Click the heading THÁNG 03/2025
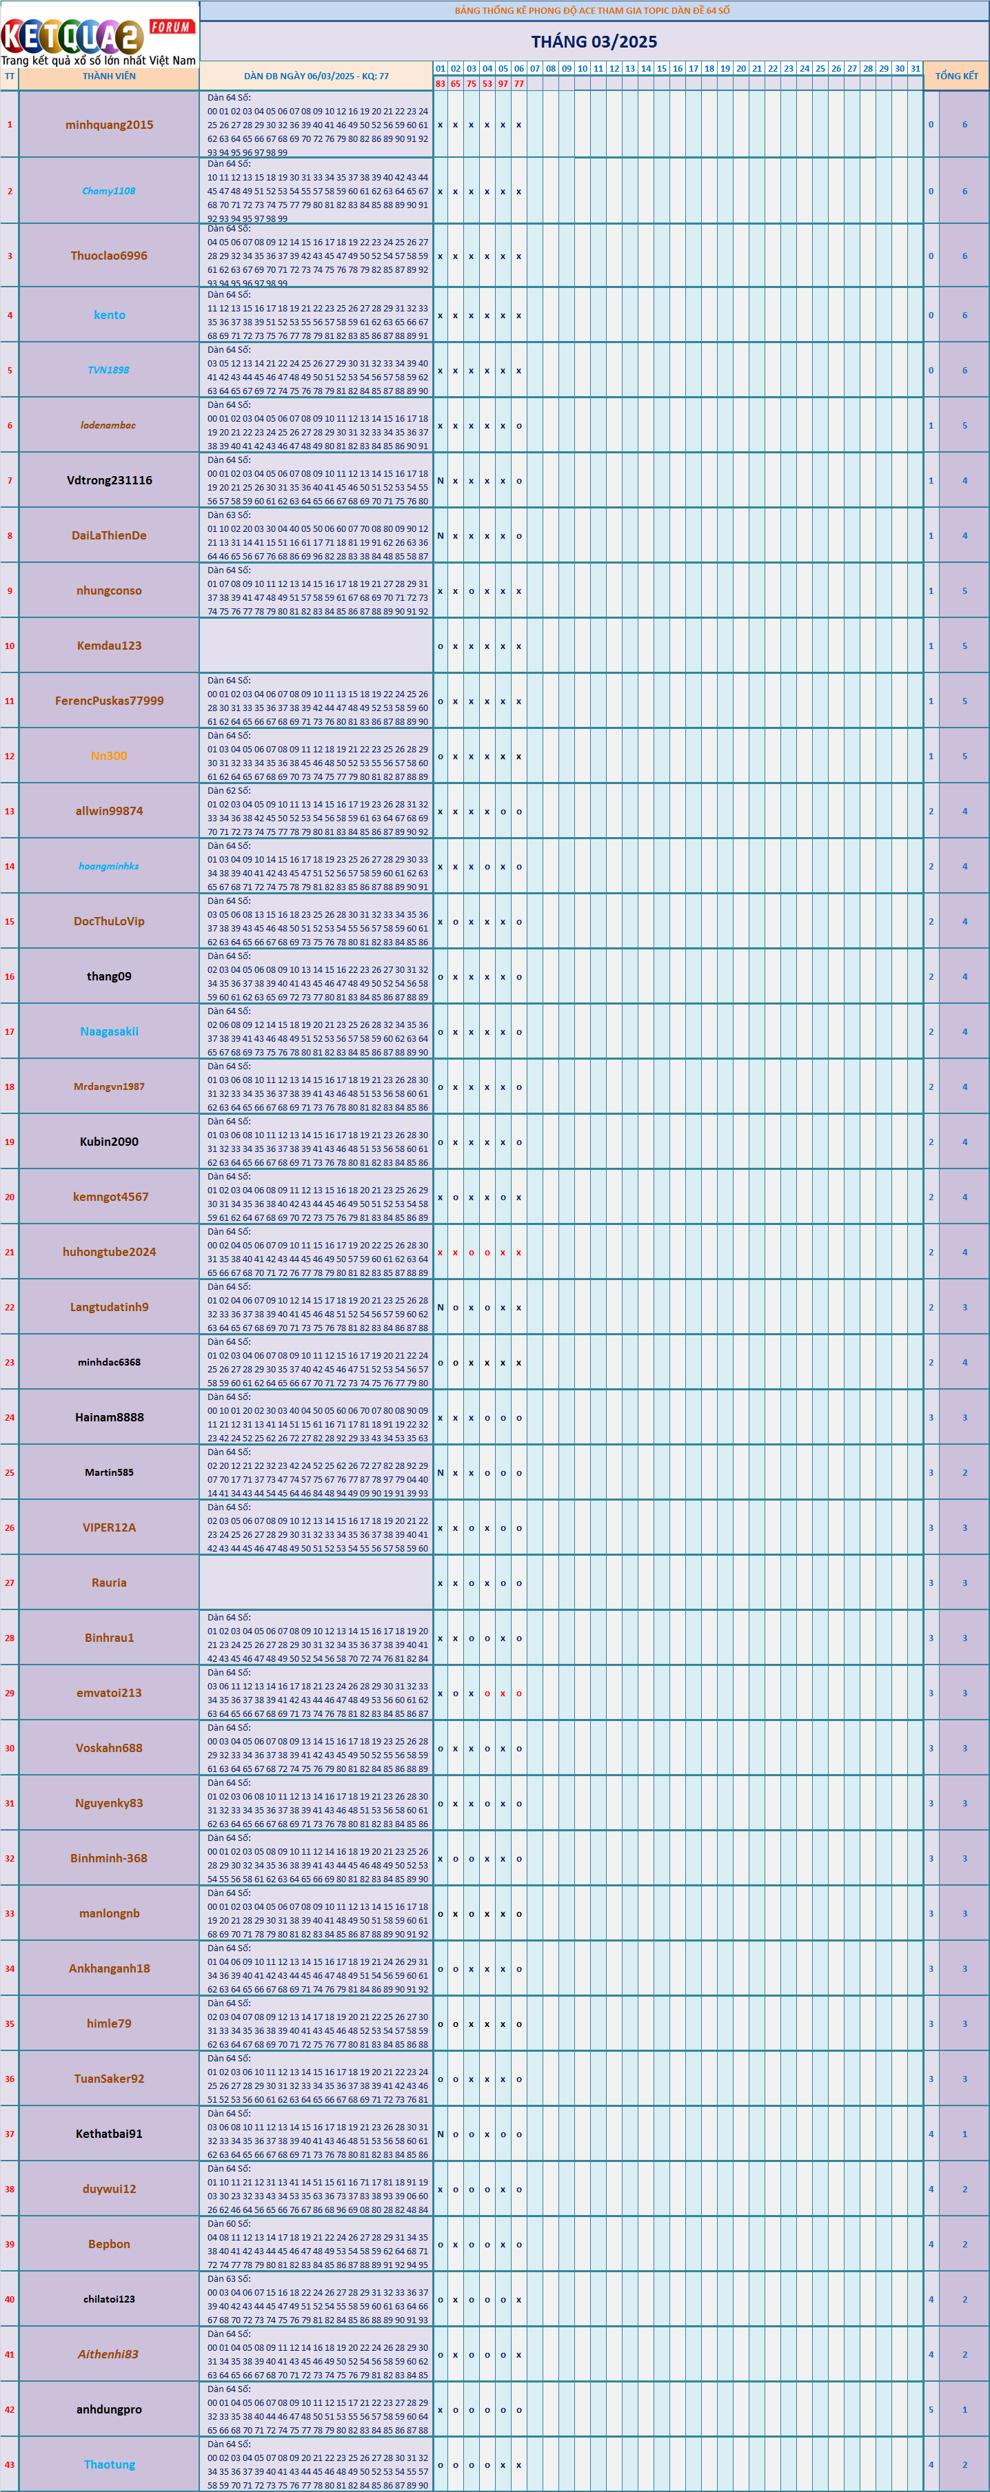593,41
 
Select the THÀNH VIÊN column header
108,76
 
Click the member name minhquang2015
108,125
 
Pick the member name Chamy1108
108,192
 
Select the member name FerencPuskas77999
108,701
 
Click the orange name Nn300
108,756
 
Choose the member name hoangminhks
108,867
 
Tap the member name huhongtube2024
108,1252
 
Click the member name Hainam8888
108,1417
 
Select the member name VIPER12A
108,1527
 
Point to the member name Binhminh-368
108,1858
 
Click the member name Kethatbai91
108,2134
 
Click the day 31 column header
915,69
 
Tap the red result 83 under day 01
441,84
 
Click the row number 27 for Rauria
10,1583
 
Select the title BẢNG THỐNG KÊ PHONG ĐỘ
592,10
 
